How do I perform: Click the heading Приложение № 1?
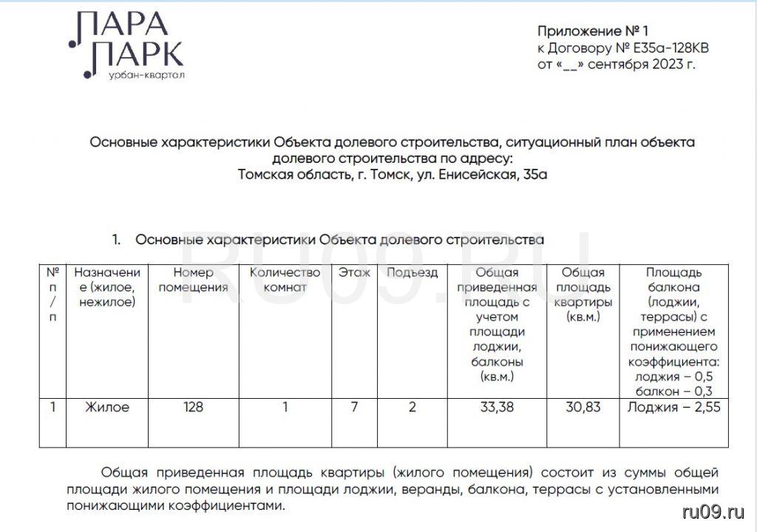592,31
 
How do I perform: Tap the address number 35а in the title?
532,175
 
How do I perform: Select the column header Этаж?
355,272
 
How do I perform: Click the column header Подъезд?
413,272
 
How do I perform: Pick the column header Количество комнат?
285,280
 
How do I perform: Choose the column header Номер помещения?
194,280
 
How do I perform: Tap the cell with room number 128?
194,407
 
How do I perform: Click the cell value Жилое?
107,407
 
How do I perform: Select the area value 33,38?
496,407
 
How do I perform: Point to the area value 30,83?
582,407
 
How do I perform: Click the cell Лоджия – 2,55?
673,407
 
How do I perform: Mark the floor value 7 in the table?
354,407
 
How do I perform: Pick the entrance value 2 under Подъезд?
413,407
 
